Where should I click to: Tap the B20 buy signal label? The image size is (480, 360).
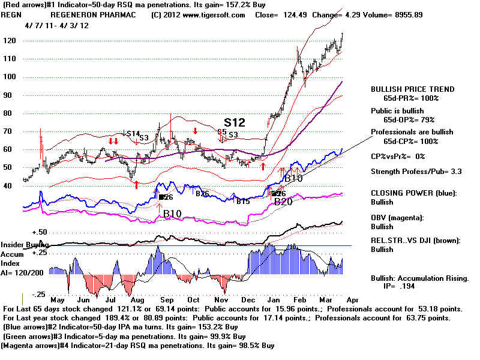283,202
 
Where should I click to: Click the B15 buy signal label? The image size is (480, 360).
242,202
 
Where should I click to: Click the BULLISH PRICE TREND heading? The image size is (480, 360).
412,89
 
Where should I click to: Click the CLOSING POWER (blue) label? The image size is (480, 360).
415,194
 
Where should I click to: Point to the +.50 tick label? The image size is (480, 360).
24,232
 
